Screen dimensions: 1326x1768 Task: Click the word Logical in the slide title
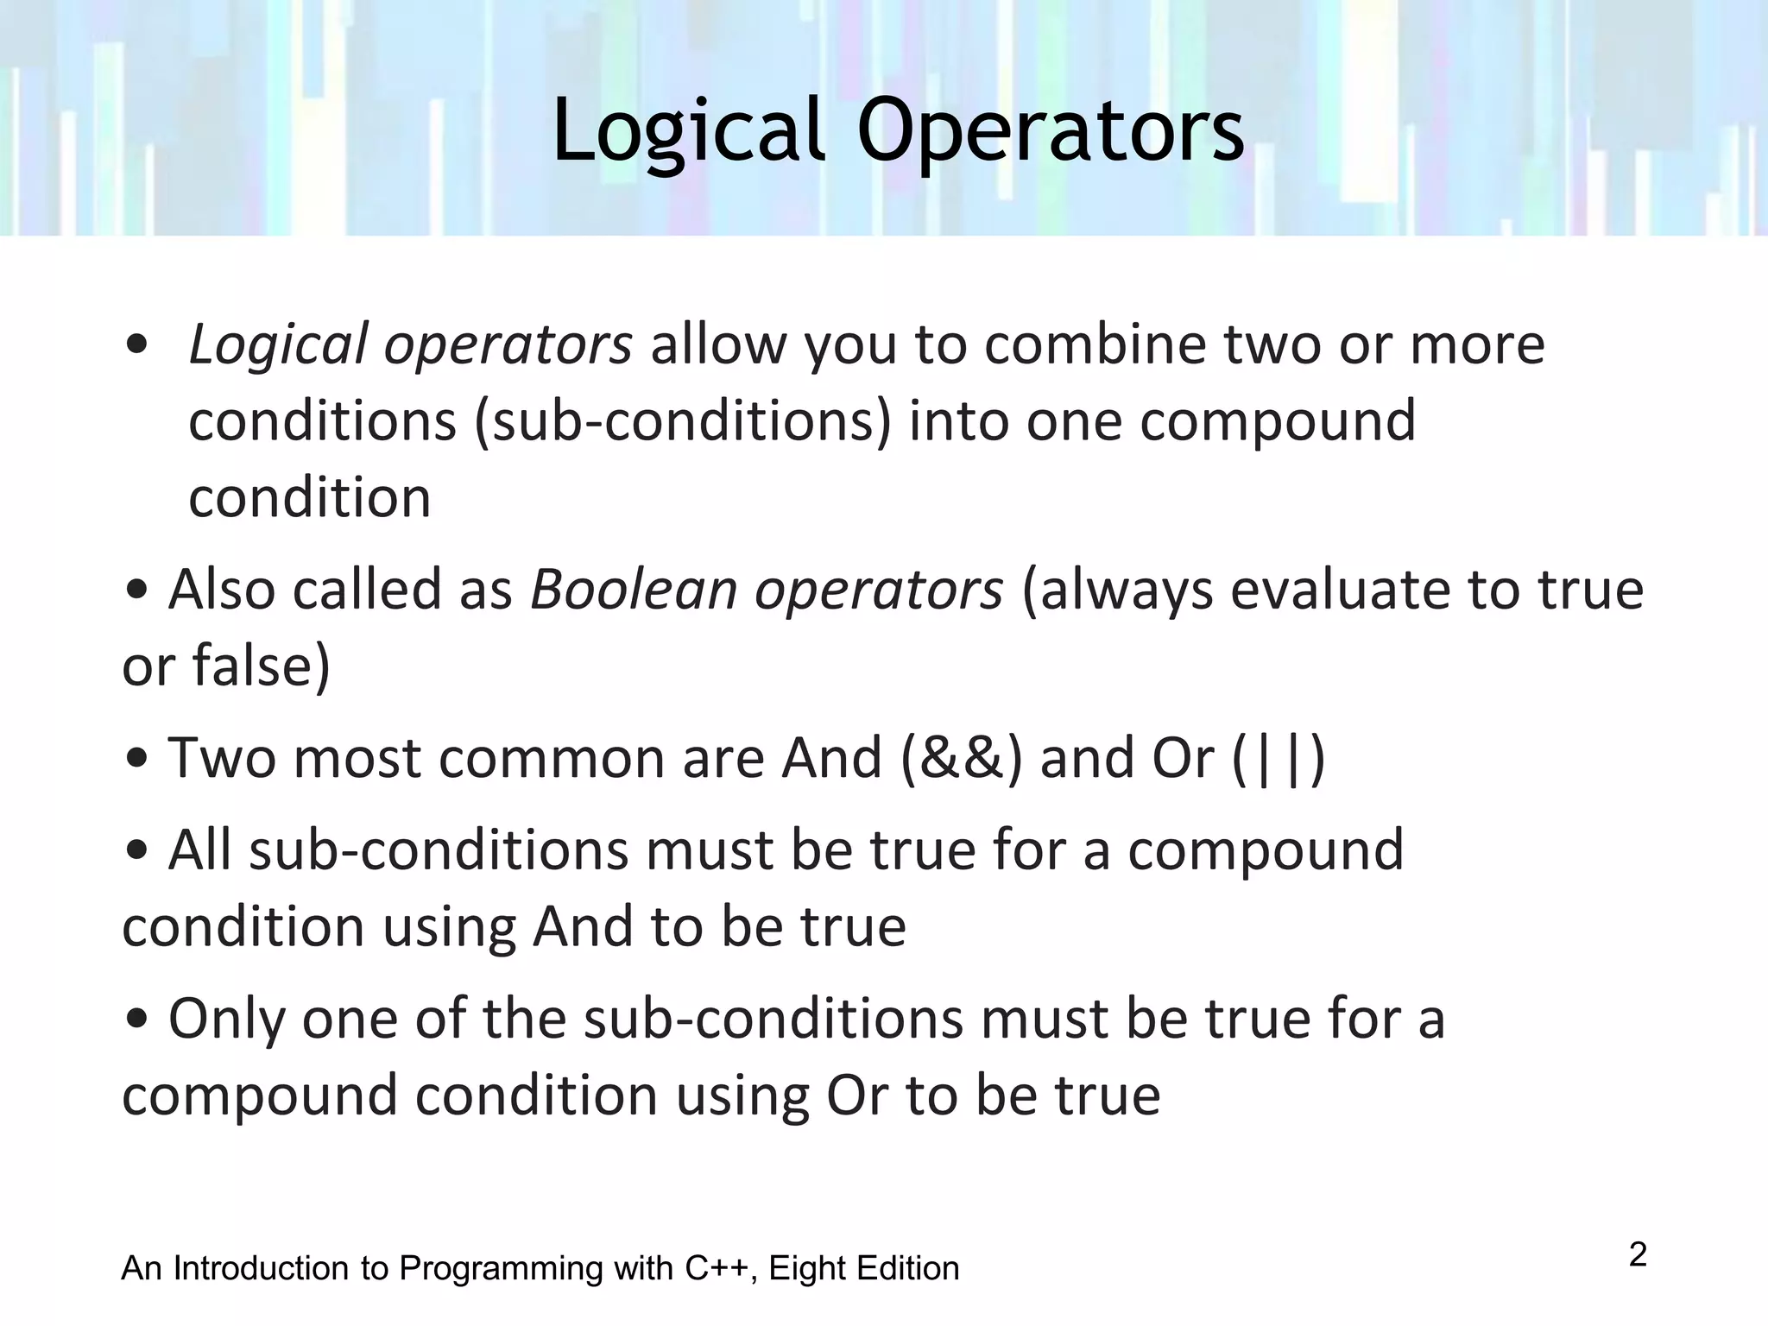tap(687, 131)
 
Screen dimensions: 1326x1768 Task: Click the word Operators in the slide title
tap(1050, 131)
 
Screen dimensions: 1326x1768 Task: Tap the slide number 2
tap(1638, 1255)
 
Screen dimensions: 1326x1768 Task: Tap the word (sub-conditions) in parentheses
tap(682, 422)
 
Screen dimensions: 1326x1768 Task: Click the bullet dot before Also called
tap(136, 591)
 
